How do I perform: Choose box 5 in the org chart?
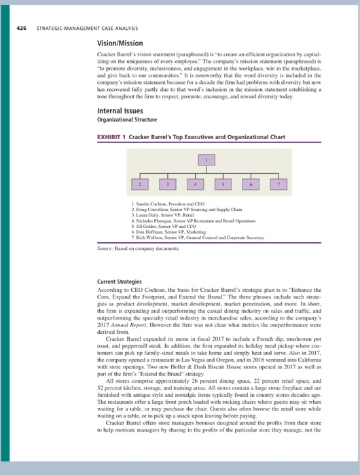click(x=221, y=184)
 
